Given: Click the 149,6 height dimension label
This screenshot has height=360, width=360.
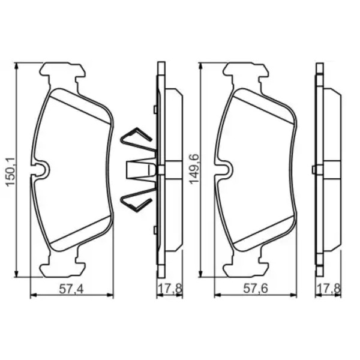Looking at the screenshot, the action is pos(194,169).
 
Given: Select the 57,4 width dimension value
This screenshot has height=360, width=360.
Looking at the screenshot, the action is pos(71,289).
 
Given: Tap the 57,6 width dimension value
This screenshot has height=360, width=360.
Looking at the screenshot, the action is pos(256,289).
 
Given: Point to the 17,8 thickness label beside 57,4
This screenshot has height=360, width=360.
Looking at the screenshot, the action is pos(170,289).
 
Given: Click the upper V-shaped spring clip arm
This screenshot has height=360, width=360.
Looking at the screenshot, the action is pos(136,138).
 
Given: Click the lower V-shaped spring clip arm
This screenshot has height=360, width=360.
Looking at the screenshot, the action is pos(136,200).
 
